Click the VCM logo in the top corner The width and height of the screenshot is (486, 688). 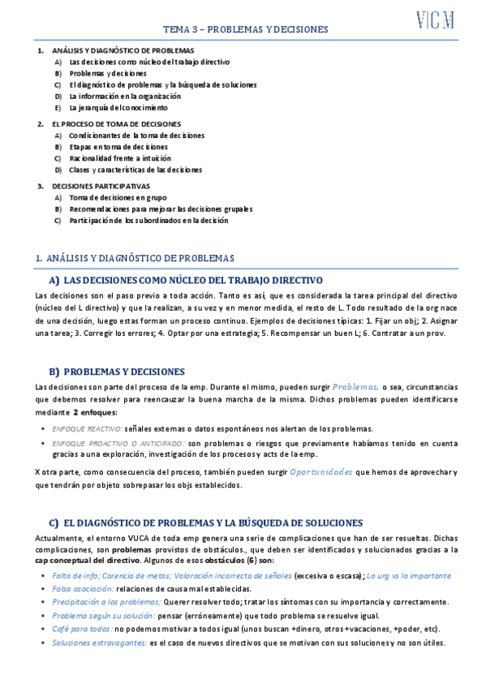pos(435,19)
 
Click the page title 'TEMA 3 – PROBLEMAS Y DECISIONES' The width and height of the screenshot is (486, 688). pos(245,29)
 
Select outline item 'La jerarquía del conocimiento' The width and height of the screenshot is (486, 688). pos(118,107)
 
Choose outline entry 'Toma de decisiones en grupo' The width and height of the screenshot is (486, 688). pos(118,197)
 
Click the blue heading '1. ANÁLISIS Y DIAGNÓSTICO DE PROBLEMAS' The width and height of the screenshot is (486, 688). pos(135,258)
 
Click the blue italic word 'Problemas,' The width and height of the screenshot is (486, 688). pos(355,388)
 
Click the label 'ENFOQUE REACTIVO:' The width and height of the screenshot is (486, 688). pos(87,428)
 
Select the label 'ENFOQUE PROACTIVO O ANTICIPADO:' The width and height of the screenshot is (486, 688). pos(118,444)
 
